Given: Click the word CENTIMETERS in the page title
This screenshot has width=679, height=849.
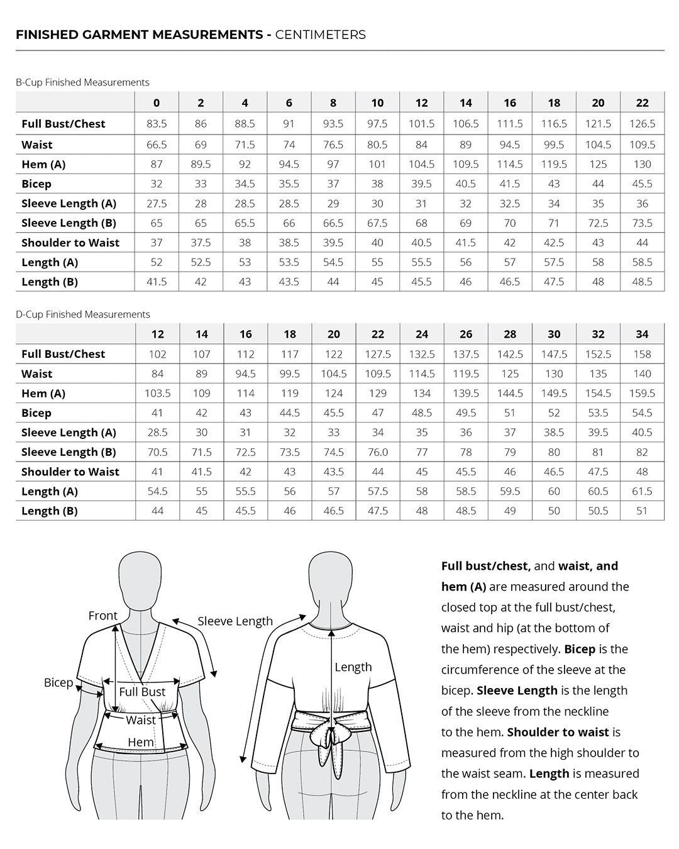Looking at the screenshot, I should coord(320,35).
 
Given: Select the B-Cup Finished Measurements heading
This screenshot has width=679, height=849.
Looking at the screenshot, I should coord(82,82).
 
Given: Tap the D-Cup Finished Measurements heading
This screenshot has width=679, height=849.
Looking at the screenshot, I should coord(83,314).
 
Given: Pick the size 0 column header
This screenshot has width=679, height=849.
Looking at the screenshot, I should coord(157,103).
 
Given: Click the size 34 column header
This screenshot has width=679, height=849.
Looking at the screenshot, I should coord(642,334).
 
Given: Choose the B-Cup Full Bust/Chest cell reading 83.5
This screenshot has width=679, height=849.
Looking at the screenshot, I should coord(157,124).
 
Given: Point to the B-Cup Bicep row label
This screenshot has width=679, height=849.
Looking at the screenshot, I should coord(36,184).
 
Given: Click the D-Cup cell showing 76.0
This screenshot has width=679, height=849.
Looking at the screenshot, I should coord(378,452).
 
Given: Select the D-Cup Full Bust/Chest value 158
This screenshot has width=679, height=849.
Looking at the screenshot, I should coord(642,354).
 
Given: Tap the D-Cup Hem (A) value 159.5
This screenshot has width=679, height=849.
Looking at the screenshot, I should coord(642,393).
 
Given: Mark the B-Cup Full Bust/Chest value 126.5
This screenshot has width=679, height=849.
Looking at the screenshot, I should coord(642,124).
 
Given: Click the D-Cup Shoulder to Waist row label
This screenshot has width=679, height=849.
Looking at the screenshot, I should coord(70,472).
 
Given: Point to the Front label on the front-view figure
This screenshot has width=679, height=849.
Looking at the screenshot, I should coord(103,616).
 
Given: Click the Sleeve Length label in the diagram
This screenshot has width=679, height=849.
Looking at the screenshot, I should coord(235,621).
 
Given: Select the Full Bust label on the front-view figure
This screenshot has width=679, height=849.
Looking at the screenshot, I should coord(142,692).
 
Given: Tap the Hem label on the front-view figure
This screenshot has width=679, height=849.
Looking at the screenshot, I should coord(140,742).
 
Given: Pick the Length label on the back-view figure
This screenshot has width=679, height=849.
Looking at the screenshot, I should coord(353,667).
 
